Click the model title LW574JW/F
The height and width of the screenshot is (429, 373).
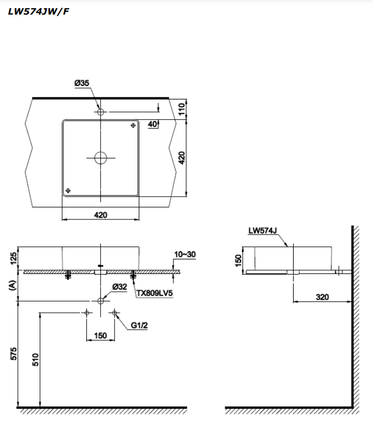click(x=38, y=11)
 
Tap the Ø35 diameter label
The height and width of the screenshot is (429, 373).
click(x=82, y=83)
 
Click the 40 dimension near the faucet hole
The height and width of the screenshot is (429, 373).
click(x=152, y=124)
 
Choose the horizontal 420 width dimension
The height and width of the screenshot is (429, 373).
click(x=100, y=215)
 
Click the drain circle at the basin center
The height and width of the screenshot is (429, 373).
click(x=100, y=158)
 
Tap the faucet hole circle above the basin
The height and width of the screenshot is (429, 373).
click(x=100, y=112)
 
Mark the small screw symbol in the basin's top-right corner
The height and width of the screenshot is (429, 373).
click(x=133, y=125)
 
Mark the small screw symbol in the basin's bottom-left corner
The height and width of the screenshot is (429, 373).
click(x=67, y=190)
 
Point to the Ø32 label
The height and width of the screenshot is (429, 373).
click(x=120, y=287)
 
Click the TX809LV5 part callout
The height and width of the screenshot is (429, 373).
click(x=155, y=294)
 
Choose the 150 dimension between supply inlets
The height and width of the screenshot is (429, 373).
click(x=100, y=336)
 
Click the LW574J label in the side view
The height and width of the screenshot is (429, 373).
click(x=263, y=231)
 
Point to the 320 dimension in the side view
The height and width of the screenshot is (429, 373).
click(x=323, y=297)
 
